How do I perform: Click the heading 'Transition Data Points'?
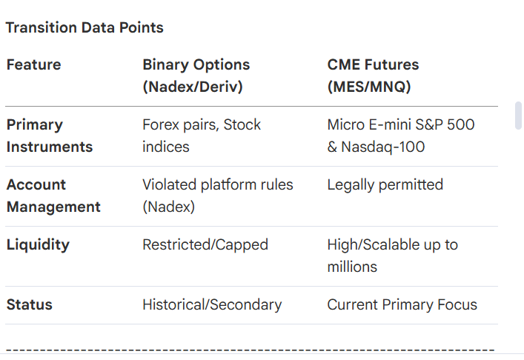[84, 27]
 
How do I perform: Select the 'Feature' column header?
[34, 64]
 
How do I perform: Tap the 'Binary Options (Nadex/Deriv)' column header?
[196, 76]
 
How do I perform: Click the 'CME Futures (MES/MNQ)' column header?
[373, 76]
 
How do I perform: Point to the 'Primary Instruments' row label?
[50, 136]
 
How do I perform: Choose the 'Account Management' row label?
[53, 196]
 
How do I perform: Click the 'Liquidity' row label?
[38, 245]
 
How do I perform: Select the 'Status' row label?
[30, 305]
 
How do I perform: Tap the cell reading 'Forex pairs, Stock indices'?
[202, 136]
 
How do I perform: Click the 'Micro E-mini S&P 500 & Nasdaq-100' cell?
[401, 136]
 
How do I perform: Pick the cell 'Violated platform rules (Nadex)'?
[218, 196]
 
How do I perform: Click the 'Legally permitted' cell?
[385, 185]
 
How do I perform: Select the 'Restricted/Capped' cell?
[205, 245]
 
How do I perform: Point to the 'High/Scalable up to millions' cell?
[393, 256]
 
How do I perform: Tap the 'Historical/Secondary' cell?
[212, 305]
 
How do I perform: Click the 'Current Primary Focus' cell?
[402, 305]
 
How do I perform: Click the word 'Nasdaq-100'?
[383, 147]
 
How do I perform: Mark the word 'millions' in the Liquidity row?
[352, 267]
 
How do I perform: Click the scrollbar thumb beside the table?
[519, 116]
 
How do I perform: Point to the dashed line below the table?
[251, 350]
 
